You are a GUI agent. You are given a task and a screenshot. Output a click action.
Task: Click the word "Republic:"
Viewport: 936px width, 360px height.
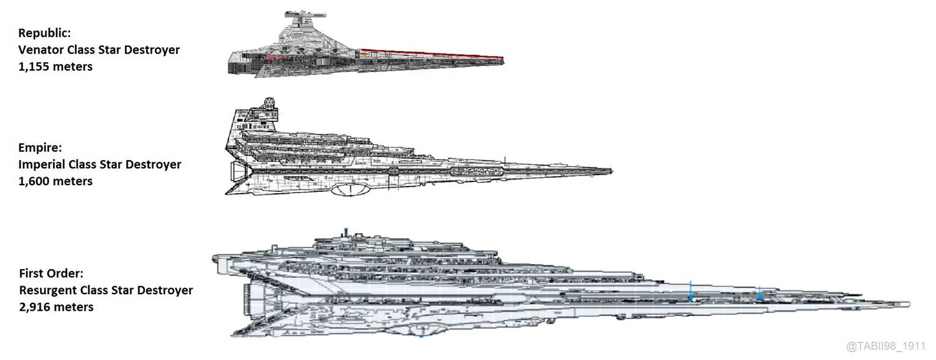(44, 33)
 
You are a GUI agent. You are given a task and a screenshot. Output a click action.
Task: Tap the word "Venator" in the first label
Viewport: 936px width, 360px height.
(41, 50)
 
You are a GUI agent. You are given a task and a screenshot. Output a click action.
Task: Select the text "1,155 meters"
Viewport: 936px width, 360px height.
(55, 67)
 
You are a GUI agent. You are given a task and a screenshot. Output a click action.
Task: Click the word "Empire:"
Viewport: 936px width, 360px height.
(40, 148)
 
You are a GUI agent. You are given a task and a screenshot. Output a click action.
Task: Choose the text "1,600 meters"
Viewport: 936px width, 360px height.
(55, 182)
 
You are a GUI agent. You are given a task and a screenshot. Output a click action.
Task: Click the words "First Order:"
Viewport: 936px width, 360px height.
(51, 274)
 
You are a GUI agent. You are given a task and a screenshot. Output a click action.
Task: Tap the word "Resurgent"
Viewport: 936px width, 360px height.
(48, 291)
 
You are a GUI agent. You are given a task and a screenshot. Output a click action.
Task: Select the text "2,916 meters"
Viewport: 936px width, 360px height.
(57, 308)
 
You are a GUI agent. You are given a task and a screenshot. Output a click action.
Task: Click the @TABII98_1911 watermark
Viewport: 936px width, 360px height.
(885, 346)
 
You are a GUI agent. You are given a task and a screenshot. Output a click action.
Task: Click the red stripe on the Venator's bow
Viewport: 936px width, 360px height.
(433, 54)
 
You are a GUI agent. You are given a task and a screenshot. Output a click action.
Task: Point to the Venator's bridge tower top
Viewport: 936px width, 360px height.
(305, 15)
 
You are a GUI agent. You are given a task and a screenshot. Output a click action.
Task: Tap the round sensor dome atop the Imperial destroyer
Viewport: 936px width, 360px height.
(269, 102)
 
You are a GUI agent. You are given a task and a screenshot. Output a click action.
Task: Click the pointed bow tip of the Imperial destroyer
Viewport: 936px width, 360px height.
(611, 171)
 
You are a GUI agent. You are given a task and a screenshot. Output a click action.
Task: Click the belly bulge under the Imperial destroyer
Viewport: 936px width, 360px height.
(351, 190)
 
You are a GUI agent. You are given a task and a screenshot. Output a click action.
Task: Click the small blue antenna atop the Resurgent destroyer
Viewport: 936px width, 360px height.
(346, 231)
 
